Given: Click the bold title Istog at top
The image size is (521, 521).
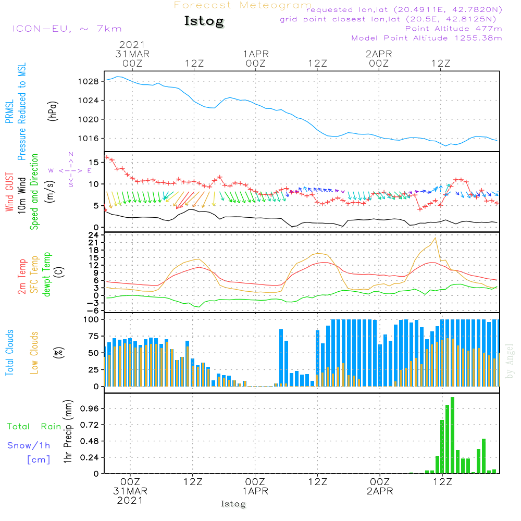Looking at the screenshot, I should coord(204,21).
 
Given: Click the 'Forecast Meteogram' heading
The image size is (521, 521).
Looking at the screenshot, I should coord(243,5).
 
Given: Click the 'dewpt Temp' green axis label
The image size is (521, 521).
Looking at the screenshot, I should coord(47,274).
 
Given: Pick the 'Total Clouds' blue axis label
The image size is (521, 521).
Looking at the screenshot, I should coord(10,353).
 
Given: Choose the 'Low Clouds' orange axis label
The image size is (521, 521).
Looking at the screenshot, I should coord(34,353).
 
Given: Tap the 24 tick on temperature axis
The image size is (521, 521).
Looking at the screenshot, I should coord(94,234).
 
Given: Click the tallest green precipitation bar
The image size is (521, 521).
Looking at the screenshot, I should coord(452,435).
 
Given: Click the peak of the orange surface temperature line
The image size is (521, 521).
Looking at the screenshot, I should coord(435,238).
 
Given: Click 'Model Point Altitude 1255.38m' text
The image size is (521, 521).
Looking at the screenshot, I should coord(427,38).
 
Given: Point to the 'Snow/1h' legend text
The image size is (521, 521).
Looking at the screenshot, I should coord(29,445).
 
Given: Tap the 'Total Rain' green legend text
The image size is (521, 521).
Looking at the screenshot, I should coord(34,426).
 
